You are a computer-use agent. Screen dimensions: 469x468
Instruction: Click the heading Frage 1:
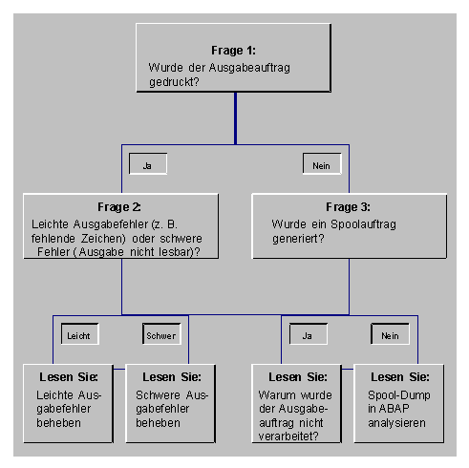pos(233,51)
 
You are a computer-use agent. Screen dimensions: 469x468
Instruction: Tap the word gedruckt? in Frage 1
pos(174,82)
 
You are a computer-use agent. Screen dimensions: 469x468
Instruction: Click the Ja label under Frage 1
pos(147,166)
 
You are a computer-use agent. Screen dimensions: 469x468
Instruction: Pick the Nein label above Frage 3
pos(321,166)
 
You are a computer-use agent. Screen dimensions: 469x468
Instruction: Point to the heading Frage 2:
pos(119,207)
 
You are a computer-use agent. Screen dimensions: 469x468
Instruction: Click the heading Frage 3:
pos(348,207)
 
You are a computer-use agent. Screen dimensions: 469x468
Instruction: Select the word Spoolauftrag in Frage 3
pos(363,224)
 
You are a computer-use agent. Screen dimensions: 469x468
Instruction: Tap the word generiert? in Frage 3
pos(298,239)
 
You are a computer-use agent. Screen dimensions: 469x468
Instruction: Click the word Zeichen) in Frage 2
pos(103,239)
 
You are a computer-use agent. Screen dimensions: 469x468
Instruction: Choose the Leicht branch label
pos(78,336)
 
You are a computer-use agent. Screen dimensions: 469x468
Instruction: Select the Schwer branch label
pos(161,336)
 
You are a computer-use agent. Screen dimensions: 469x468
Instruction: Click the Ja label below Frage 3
pos(308,336)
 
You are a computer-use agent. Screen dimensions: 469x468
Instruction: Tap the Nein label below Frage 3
pos(390,336)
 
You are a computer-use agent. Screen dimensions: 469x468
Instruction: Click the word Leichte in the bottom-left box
pos(55,395)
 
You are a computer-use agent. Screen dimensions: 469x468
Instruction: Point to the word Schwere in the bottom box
pos(158,395)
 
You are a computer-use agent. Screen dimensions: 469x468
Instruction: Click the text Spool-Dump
pos(399,395)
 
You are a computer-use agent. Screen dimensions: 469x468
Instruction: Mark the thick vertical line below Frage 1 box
pos(235,118)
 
